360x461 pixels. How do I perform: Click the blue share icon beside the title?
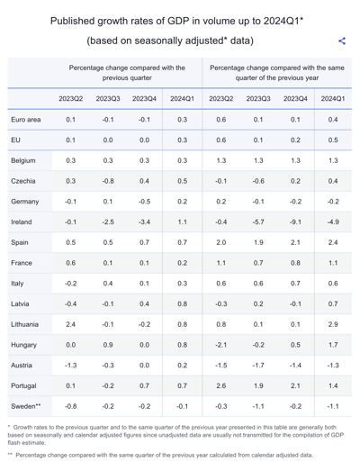pyautogui.click(x=342, y=41)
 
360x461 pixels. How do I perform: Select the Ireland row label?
pyautogui.click(x=22, y=222)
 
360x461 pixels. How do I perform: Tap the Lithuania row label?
pyautogui.click(x=24, y=324)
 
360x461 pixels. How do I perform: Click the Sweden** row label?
pyautogui.click(x=26, y=406)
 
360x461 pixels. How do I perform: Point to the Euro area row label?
pyautogui.click(x=26, y=120)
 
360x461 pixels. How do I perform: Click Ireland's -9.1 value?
pyautogui.click(x=295, y=222)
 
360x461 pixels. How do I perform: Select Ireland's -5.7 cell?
pyautogui.click(x=258, y=222)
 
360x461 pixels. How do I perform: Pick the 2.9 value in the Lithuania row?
pyautogui.click(x=333, y=324)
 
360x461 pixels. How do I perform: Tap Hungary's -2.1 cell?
pyautogui.click(x=220, y=345)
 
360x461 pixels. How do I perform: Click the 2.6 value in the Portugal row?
pyautogui.click(x=221, y=385)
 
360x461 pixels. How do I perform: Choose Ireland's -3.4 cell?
pyautogui.click(x=144, y=222)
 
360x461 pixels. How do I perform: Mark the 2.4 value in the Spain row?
pyautogui.click(x=333, y=242)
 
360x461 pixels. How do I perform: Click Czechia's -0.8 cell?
pyautogui.click(x=108, y=181)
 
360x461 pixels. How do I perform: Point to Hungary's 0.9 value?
pyautogui.click(x=108, y=345)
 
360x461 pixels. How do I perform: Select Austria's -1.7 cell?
pyautogui.click(x=258, y=366)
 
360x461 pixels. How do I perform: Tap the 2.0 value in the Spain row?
pyautogui.click(x=221, y=242)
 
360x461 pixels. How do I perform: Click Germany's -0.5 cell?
pyautogui.click(x=144, y=202)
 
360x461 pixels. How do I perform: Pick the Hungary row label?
pyautogui.click(x=23, y=345)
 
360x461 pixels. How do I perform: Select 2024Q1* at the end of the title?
pyautogui.click(x=283, y=21)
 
